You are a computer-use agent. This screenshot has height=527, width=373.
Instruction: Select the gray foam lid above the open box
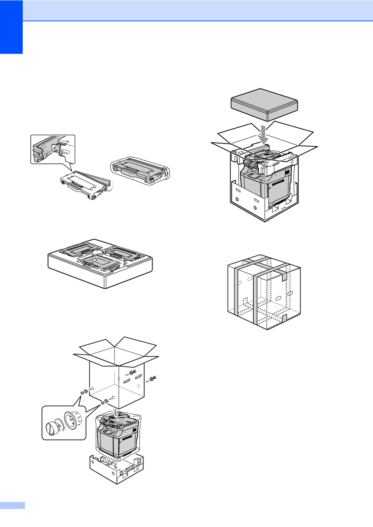tap(264, 104)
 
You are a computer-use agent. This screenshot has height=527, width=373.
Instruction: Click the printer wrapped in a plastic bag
tap(118, 436)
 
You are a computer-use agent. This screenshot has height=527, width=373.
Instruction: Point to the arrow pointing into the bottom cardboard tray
tap(115, 466)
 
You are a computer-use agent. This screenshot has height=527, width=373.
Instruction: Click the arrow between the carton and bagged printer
tap(115, 412)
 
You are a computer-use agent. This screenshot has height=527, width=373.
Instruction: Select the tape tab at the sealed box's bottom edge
tap(284, 318)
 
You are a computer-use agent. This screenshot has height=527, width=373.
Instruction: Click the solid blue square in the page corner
tap(11, 27)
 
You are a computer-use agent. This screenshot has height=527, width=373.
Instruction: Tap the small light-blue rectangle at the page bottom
tap(12, 505)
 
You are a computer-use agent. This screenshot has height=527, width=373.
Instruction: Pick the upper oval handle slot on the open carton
tap(138, 377)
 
